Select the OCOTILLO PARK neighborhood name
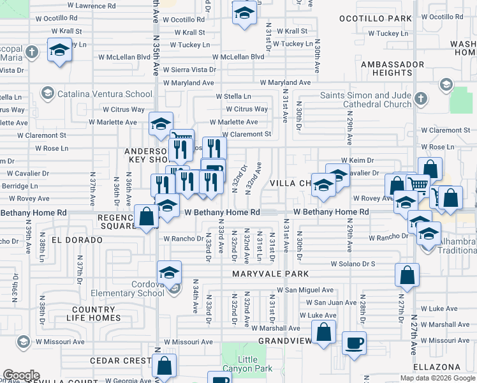pos(376,19)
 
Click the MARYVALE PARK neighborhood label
pos(270,274)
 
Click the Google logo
pos(21,375)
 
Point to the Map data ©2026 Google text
pos(437,378)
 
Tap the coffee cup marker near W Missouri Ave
pos(354,343)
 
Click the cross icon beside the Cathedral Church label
pos(420,98)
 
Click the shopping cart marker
pos(418,185)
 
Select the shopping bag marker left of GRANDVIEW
pos(324,332)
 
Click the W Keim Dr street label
pos(356,160)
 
